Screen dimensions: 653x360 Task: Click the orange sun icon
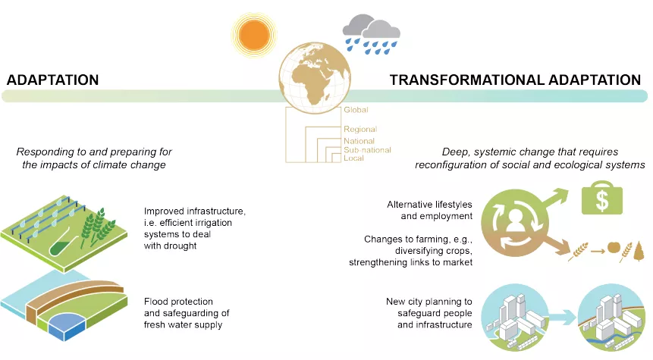click(254, 35)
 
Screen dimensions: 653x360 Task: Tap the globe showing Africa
click(315, 78)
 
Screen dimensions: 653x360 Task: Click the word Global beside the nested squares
click(356, 110)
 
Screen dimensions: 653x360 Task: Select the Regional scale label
click(360, 129)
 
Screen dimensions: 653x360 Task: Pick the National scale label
click(359, 141)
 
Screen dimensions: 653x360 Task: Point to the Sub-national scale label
click(367, 150)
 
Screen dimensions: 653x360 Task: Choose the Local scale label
click(353, 158)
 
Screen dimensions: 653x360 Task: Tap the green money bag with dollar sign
click(601, 198)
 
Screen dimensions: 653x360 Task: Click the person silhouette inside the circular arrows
click(515, 221)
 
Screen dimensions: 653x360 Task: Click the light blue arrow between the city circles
click(561, 318)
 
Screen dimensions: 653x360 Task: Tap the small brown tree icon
click(639, 251)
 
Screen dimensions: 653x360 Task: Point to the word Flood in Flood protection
click(155, 302)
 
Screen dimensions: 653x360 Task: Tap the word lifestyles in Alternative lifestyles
click(452, 205)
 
